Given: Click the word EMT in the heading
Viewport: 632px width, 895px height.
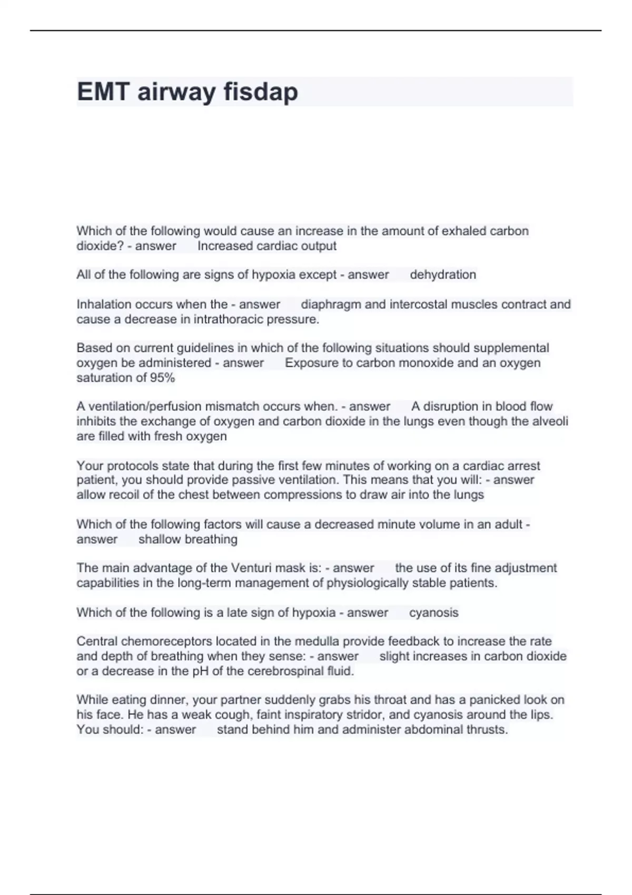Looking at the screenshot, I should click(x=103, y=92).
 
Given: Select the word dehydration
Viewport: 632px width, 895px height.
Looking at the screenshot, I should click(x=443, y=275).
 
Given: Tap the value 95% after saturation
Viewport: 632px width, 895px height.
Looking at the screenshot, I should click(x=162, y=378).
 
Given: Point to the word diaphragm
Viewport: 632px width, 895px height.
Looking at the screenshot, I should click(x=331, y=304).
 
